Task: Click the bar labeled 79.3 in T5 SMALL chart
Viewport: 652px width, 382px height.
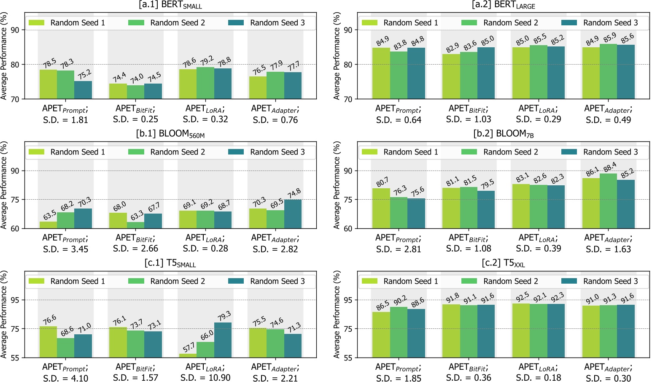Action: click(223, 340)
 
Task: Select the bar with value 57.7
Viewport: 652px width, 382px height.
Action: click(188, 355)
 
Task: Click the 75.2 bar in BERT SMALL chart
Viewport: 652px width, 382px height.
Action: click(83, 90)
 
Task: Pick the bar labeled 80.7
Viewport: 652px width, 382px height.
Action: click(381, 209)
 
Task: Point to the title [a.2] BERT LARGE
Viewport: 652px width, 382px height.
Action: click(504, 5)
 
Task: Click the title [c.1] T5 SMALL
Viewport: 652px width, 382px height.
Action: click(170, 263)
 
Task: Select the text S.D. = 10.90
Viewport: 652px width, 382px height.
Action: click(205, 377)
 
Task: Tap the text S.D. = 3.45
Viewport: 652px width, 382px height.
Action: click(65, 249)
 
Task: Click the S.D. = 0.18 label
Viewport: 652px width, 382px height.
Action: click(538, 377)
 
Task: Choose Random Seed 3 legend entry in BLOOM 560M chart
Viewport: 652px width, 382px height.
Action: click(267, 152)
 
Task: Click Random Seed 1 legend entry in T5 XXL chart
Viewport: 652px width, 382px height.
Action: click(399, 281)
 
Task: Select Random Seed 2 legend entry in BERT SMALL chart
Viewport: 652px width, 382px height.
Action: click(167, 23)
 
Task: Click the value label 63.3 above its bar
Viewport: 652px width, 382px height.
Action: click(137, 216)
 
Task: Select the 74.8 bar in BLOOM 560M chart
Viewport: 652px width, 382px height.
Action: click(293, 214)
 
